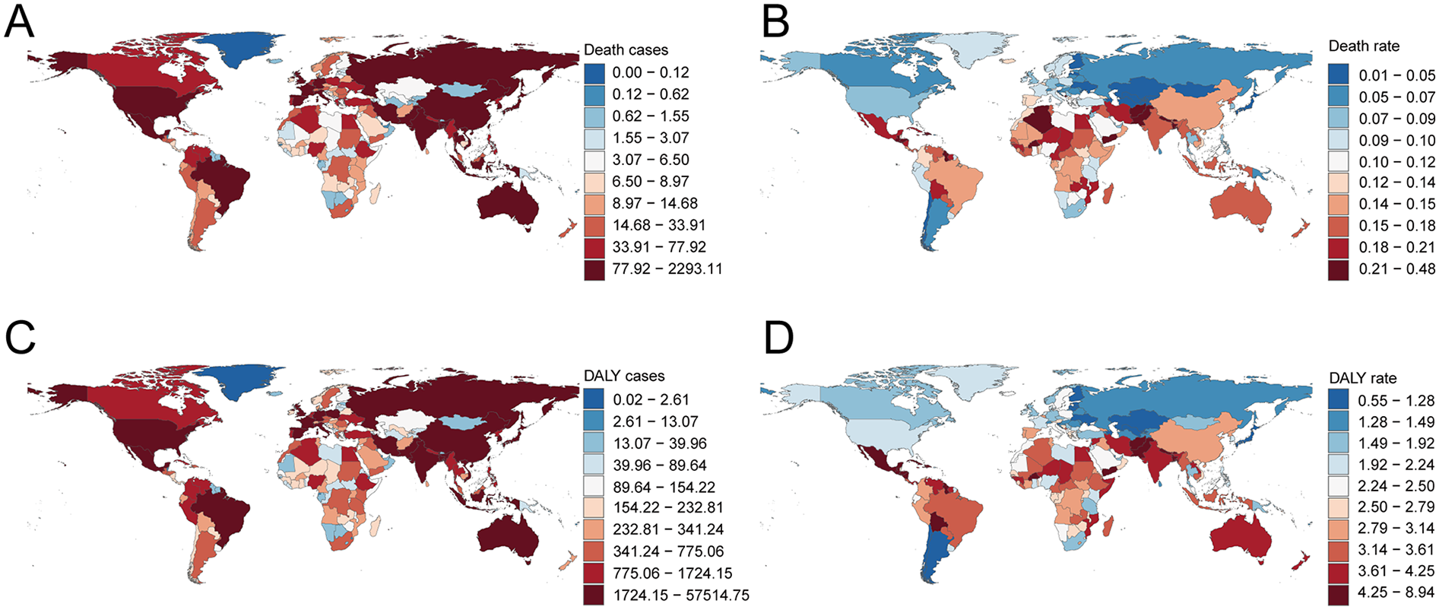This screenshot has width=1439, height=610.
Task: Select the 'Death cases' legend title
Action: (626, 50)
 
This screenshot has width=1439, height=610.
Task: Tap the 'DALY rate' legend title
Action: (1362, 378)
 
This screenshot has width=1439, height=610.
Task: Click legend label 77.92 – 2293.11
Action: (667, 268)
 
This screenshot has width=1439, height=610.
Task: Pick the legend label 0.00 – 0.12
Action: (651, 72)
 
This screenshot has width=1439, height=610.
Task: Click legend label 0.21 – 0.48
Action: (1397, 268)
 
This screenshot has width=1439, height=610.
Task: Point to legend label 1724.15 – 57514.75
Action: (681, 595)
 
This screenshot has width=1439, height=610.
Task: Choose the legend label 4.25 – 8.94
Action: (1397, 592)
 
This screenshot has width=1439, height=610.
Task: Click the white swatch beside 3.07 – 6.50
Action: (594, 160)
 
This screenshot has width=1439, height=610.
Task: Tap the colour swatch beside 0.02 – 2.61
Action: (594, 399)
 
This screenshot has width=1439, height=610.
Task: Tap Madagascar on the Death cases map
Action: (375, 195)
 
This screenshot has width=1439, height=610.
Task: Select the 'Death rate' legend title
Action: (1364, 46)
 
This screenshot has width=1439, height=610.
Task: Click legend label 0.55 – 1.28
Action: (1397, 400)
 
